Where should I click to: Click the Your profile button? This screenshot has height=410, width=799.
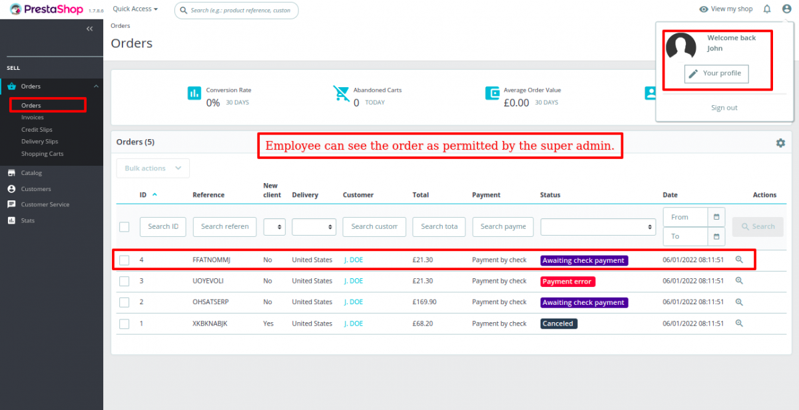pyautogui.click(x=716, y=74)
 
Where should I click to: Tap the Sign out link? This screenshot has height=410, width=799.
pyautogui.click(x=724, y=108)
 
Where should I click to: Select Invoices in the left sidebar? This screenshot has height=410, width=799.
pyautogui.click(x=32, y=118)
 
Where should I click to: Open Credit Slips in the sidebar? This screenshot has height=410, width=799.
pyautogui.click(x=37, y=130)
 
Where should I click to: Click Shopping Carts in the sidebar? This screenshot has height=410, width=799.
pyautogui.click(x=42, y=154)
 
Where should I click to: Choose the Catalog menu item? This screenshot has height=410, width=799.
pyautogui.click(x=31, y=173)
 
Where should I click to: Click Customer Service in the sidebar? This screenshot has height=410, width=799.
pyautogui.click(x=45, y=204)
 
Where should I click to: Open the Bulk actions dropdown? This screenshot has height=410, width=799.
pyautogui.click(x=152, y=168)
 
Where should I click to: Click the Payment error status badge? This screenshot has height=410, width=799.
pyautogui.click(x=567, y=282)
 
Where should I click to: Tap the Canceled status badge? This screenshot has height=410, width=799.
pyautogui.click(x=558, y=324)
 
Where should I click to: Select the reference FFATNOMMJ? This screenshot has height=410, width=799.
pyautogui.click(x=211, y=260)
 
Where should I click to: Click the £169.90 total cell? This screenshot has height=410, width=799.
pyautogui.click(x=424, y=302)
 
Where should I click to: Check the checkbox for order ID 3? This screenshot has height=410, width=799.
pyautogui.click(x=125, y=282)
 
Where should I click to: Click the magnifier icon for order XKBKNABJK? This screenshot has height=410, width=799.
pyautogui.click(x=738, y=323)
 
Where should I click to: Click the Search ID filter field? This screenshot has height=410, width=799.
pyautogui.click(x=162, y=226)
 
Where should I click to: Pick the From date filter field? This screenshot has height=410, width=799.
pyautogui.click(x=685, y=217)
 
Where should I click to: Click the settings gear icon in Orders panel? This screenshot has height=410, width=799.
pyautogui.click(x=780, y=143)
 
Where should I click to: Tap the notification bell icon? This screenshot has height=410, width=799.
pyautogui.click(x=767, y=9)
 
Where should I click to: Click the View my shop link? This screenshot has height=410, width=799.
pyautogui.click(x=726, y=9)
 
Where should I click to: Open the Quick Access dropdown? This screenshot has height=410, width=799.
pyautogui.click(x=135, y=9)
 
